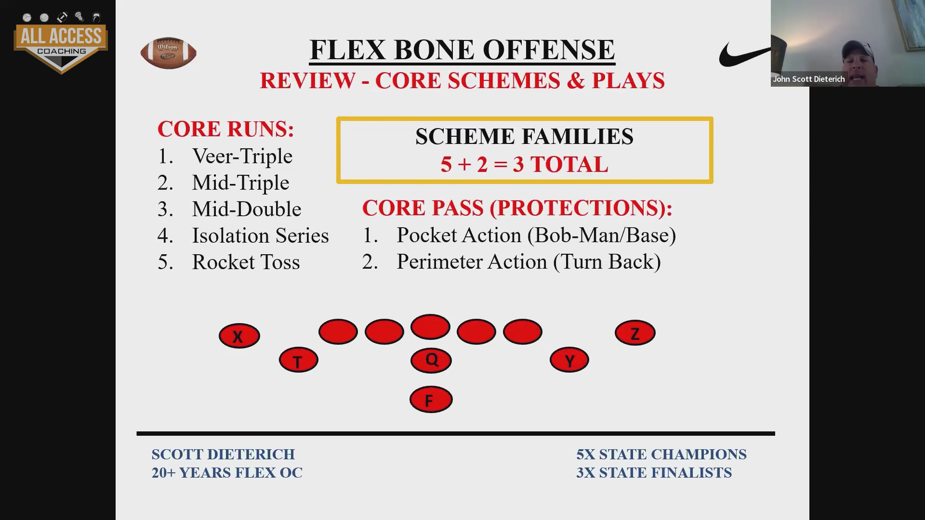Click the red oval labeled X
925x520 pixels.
[x=239, y=336]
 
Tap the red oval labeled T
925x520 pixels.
[x=298, y=360]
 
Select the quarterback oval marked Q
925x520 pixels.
[x=431, y=360]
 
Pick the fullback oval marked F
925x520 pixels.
[x=431, y=399]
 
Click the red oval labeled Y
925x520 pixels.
[x=569, y=360]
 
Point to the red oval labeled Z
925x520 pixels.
[x=635, y=333]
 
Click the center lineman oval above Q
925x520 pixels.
[x=430, y=327]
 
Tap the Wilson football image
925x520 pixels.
[x=168, y=52]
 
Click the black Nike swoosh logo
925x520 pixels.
[x=745, y=54]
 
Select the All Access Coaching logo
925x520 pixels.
[x=61, y=42]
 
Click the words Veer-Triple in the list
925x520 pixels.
[x=242, y=156]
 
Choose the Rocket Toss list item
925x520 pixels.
[x=246, y=262]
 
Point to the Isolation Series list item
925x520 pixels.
[x=260, y=235]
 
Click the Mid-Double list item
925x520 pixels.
[x=246, y=209]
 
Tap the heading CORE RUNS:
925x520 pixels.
[x=225, y=129]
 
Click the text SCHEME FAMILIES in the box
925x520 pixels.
[x=524, y=137]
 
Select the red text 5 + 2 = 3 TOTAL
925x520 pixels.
[x=524, y=165]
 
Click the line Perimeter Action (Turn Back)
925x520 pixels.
[x=529, y=262]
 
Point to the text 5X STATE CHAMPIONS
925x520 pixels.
[x=661, y=454]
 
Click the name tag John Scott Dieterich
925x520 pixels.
[x=809, y=79]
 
